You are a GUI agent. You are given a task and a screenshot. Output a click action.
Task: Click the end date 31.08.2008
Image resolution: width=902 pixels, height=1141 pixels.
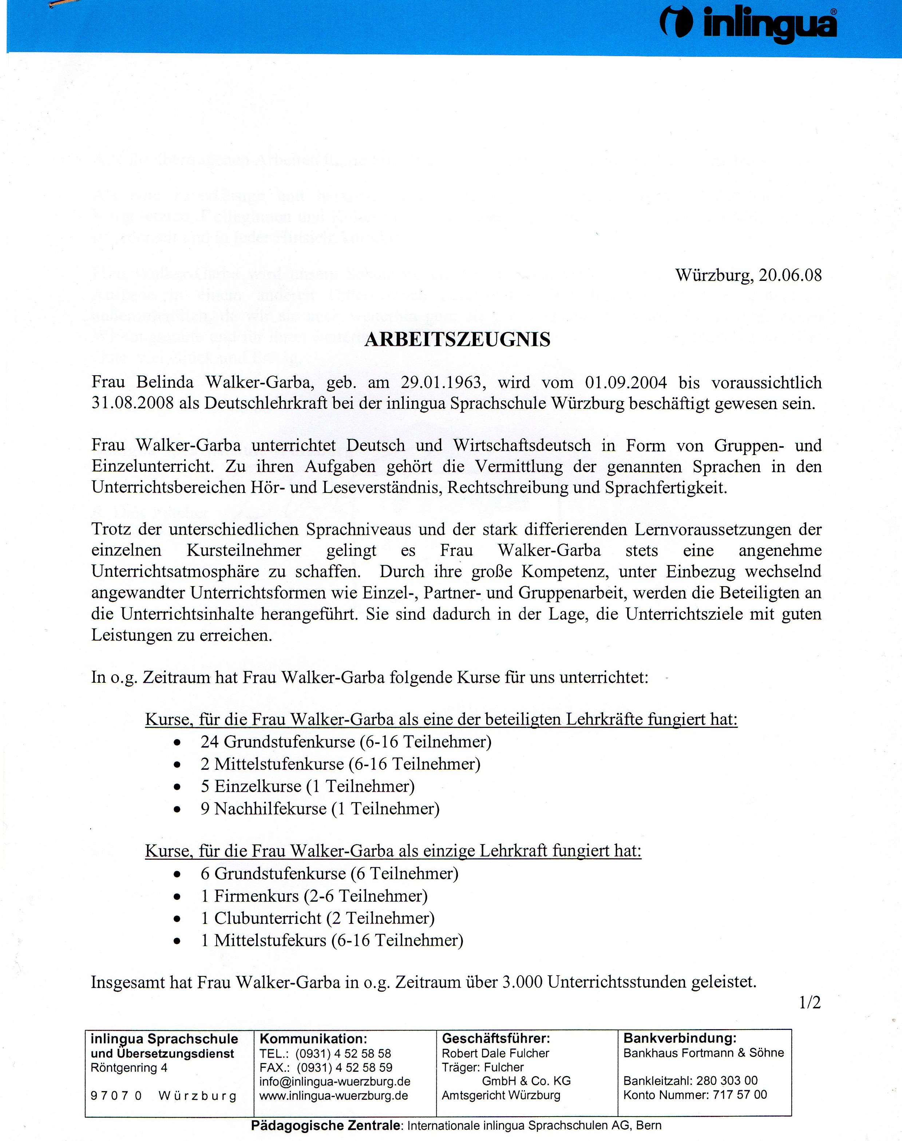click(132, 403)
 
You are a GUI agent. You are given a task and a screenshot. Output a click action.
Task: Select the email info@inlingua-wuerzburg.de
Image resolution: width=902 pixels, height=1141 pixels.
click(335, 1081)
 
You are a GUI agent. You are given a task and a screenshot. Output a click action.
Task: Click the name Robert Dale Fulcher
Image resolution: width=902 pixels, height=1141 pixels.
click(495, 1053)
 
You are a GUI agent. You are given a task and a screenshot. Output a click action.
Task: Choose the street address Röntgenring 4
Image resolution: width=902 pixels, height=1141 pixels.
click(129, 1067)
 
